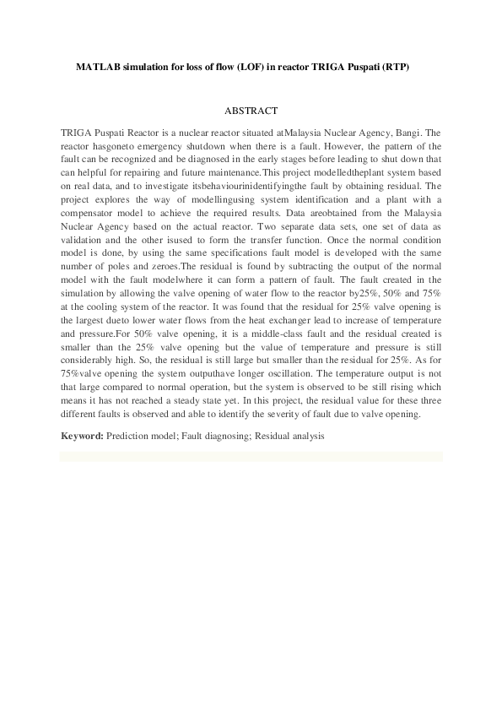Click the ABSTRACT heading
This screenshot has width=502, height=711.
tap(251, 111)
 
